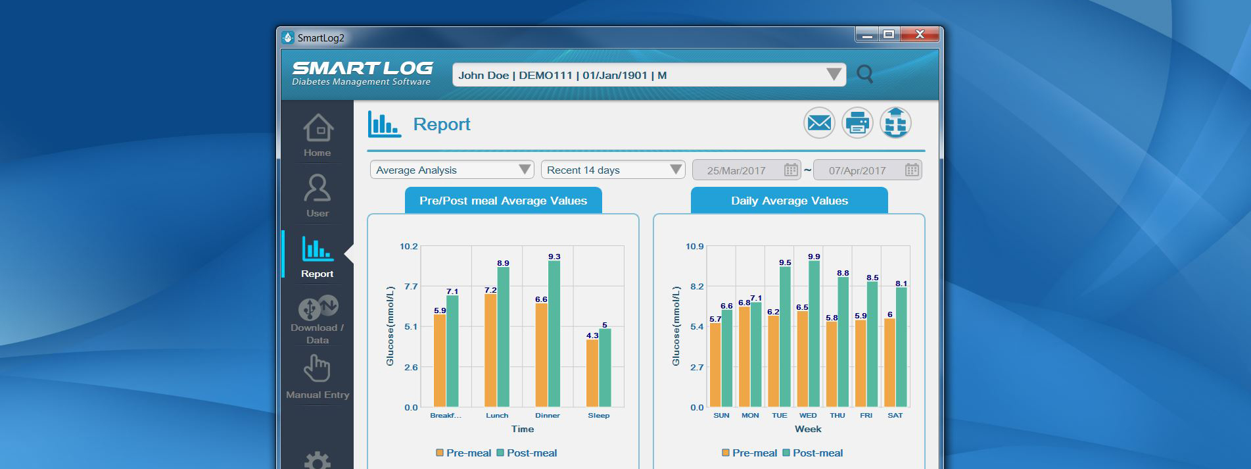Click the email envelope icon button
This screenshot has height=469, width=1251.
click(819, 123)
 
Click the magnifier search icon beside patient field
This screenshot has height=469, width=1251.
click(865, 74)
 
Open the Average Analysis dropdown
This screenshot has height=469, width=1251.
click(452, 170)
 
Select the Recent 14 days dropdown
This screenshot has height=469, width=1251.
click(613, 170)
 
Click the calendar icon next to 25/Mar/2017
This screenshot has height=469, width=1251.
click(791, 170)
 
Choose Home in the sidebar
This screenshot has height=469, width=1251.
click(318, 136)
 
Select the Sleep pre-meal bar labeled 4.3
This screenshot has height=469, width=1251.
click(592, 373)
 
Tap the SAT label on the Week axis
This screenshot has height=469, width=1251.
click(895, 416)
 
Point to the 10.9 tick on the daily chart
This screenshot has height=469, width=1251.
click(694, 247)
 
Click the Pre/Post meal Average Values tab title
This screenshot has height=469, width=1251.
click(503, 201)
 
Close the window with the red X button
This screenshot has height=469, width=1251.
click(919, 34)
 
